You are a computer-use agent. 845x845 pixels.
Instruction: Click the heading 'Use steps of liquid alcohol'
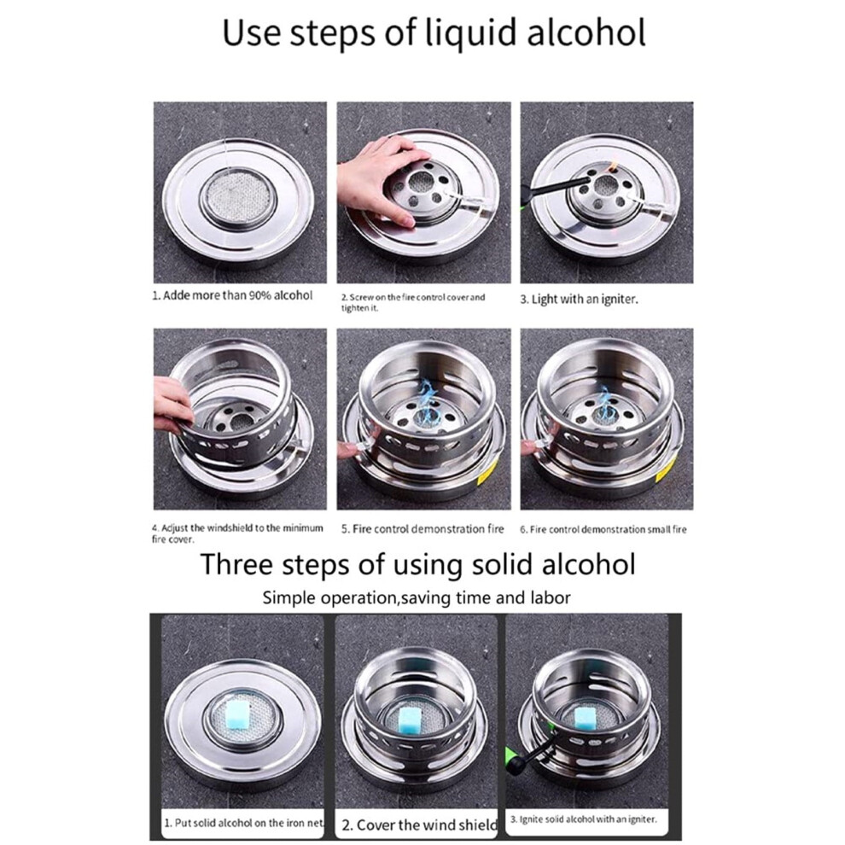click(x=434, y=33)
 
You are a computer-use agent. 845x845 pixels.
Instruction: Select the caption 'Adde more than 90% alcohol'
click(x=232, y=295)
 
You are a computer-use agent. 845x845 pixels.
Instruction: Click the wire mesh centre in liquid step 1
click(x=239, y=194)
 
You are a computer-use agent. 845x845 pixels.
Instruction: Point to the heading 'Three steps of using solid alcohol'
click(x=417, y=564)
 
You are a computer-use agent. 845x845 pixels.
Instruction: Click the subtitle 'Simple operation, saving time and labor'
click(x=416, y=597)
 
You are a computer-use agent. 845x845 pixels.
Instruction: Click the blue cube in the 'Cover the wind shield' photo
click(x=411, y=719)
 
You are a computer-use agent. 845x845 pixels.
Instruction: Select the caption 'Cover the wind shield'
click(x=419, y=825)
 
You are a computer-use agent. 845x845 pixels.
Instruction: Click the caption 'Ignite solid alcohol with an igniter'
click(x=584, y=819)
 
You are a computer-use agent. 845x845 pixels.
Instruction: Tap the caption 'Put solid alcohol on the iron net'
click(x=244, y=823)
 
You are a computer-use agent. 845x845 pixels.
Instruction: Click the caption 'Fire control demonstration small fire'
click(x=603, y=530)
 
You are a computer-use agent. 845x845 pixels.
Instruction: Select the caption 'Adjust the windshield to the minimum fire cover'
click(x=237, y=533)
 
